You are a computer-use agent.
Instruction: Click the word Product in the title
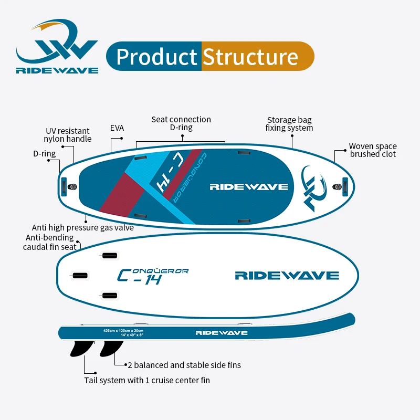coord(156,57)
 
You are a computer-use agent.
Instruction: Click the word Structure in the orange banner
coord(250,57)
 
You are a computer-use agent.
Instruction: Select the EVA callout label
coord(117,127)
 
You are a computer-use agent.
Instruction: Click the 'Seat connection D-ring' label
coord(181,123)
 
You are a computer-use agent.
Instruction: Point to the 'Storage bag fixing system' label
coord(289,124)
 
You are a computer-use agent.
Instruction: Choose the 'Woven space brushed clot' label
coord(373,150)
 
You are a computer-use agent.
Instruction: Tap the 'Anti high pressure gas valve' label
coord(83,227)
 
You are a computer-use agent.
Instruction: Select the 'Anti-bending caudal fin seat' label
coord(50,241)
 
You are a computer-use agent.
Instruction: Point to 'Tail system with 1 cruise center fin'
coord(147,380)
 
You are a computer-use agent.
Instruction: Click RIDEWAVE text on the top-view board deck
coord(248,186)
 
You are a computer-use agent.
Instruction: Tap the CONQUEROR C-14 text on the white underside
coord(152,276)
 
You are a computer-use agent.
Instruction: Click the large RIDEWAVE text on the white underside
coord(287,276)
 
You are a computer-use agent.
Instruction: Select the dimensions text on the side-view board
coord(123,332)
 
